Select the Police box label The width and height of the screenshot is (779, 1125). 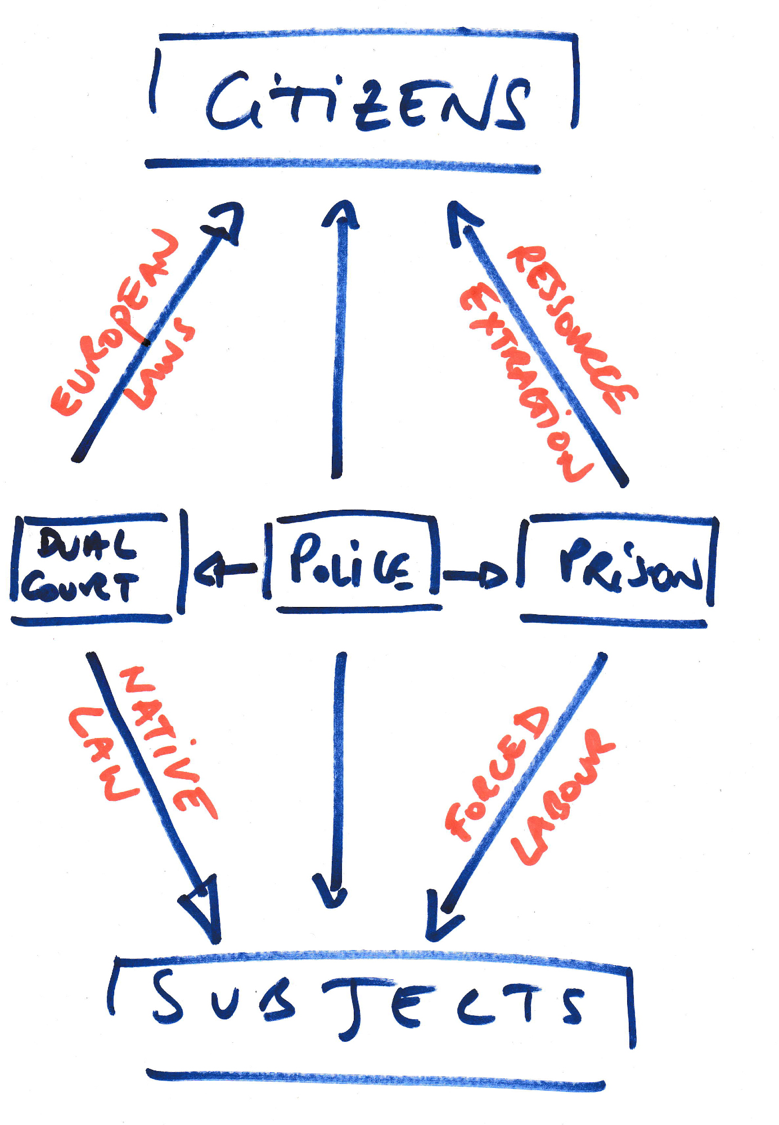[x=352, y=562]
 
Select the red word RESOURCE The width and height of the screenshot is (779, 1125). [x=574, y=329]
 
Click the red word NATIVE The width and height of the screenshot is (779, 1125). [x=169, y=742]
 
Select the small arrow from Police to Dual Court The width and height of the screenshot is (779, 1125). [x=225, y=571]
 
